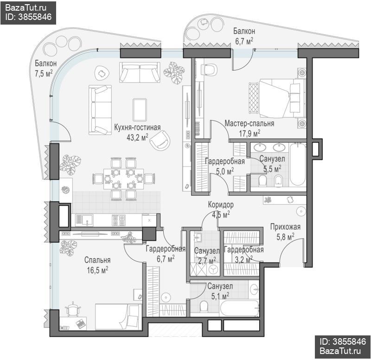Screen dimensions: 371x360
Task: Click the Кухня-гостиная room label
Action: [x=137, y=128]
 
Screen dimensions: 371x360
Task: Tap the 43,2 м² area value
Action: [x=137, y=137]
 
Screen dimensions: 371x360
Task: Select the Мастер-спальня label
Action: [x=249, y=123]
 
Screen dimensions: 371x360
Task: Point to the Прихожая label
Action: [x=285, y=227]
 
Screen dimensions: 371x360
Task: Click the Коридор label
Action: [x=221, y=205]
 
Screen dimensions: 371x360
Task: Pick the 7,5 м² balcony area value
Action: [x=44, y=73]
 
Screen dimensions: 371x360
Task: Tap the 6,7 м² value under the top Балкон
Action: [x=244, y=41]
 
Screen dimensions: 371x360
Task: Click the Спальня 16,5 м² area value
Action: [x=97, y=270]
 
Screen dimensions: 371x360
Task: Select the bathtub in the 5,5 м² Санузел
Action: [x=297, y=165]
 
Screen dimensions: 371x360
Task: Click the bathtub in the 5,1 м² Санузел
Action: [x=239, y=308]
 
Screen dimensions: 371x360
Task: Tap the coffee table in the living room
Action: [x=140, y=110]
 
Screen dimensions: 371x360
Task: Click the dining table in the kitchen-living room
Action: [x=123, y=179]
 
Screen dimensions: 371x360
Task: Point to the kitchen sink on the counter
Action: [x=84, y=220]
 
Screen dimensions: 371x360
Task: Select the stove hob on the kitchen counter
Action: [x=119, y=220]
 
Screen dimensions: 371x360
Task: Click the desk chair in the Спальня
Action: [x=73, y=309]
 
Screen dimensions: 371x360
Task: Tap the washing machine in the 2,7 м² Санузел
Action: [x=213, y=270]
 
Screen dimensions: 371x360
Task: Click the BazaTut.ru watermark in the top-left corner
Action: [x=26, y=8]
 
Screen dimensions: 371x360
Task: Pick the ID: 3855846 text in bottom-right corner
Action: [x=343, y=341]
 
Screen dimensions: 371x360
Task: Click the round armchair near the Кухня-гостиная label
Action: [x=160, y=140]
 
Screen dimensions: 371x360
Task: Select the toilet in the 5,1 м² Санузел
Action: [x=204, y=306]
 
